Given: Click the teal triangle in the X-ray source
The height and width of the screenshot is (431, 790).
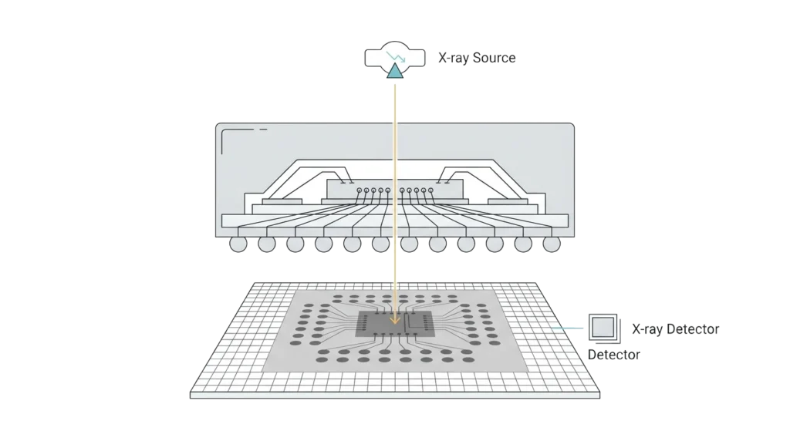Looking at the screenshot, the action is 395,71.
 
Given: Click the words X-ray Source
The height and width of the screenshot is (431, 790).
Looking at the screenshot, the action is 477,58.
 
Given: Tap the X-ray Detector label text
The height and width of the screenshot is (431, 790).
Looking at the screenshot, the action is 676,329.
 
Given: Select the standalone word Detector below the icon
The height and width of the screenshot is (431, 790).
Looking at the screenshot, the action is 613,355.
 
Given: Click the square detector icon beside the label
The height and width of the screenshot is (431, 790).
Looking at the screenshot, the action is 603,328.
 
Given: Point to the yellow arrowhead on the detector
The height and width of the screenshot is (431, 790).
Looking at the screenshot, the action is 395,319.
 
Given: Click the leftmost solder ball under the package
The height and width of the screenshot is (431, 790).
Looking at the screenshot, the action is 238,244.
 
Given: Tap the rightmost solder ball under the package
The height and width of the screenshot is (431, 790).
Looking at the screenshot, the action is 552,244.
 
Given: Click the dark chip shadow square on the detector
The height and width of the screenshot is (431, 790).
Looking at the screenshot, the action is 394,324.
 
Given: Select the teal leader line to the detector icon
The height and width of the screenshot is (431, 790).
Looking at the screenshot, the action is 569,328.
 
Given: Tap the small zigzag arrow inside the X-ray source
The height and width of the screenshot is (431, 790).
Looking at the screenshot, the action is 396,56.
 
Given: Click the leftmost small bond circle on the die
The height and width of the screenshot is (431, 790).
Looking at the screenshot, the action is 360,191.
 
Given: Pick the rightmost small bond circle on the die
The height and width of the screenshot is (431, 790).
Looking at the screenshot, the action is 430,191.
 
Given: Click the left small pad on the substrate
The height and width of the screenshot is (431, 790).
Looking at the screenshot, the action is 282,201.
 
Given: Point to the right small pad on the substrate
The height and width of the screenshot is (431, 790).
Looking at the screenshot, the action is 508,201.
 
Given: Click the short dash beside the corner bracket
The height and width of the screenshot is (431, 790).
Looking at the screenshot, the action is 263,130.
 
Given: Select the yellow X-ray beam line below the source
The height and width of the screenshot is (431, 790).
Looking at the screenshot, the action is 395,201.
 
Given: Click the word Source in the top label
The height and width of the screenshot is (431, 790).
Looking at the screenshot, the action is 495,58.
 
